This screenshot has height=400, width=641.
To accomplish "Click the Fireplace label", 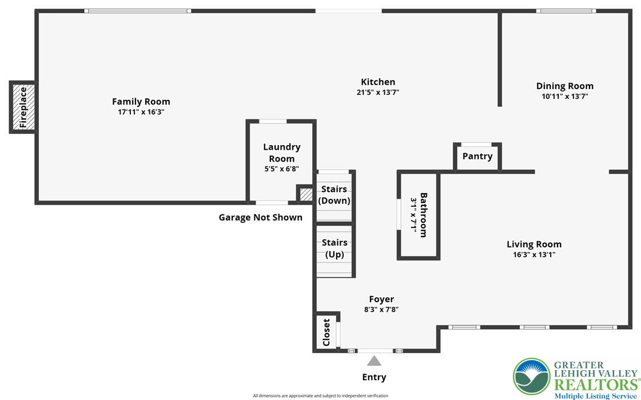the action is (x=23, y=107).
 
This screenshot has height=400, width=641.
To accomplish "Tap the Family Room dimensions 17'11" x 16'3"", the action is (x=141, y=112).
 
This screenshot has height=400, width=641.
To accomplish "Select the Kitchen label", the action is (x=378, y=82).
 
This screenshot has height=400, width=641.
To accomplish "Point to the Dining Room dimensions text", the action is (x=565, y=97).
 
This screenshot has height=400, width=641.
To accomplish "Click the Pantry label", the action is (x=477, y=156).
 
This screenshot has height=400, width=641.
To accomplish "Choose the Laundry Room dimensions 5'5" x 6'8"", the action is (x=282, y=169).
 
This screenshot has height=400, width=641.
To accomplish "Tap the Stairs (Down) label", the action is (x=335, y=195).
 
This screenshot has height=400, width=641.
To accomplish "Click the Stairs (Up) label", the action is (x=335, y=249).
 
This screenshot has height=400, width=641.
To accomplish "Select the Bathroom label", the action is (x=424, y=215).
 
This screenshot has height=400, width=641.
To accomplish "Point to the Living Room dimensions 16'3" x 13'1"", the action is (x=534, y=254).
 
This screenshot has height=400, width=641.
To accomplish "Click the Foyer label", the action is (x=381, y=299).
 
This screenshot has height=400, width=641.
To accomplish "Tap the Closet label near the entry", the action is (x=327, y=332).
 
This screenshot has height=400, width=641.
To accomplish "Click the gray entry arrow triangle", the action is (x=374, y=361).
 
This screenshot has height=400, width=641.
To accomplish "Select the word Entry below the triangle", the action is (x=374, y=377).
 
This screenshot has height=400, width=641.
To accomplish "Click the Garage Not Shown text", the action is (x=260, y=217).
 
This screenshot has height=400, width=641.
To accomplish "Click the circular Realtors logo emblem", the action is (x=532, y=377).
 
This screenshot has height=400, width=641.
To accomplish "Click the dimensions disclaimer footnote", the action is (x=320, y=395).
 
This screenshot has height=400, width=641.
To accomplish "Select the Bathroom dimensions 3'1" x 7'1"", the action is (x=414, y=215).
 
